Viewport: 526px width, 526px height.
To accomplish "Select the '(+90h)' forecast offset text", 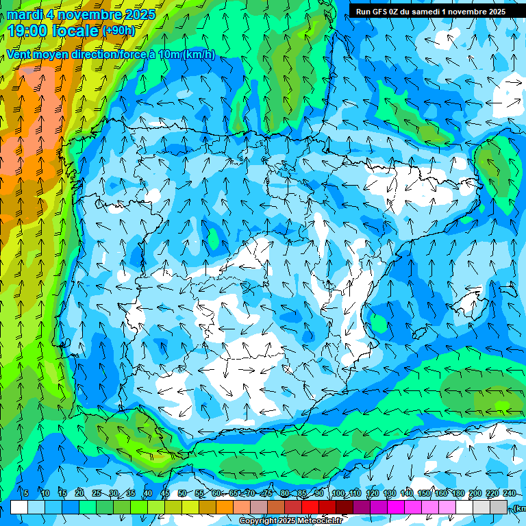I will (x=118, y=31).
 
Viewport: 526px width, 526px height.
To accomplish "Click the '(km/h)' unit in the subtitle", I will (x=199, y=55).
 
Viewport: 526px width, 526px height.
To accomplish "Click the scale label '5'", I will (x=25, y=494).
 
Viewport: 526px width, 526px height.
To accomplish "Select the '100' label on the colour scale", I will (x=338, y=494).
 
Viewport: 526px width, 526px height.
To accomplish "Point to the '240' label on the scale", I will (x=510, y=494).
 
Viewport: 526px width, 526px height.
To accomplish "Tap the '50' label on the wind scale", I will (x=182, y=494).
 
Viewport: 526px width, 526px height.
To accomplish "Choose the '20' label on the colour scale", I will (x=79, y=494).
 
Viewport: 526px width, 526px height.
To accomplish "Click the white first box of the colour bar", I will (x=19, y=508).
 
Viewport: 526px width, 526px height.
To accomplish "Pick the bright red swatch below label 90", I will (x=310, y=508).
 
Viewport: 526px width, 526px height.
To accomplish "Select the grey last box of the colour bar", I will (x=499, y=508).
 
